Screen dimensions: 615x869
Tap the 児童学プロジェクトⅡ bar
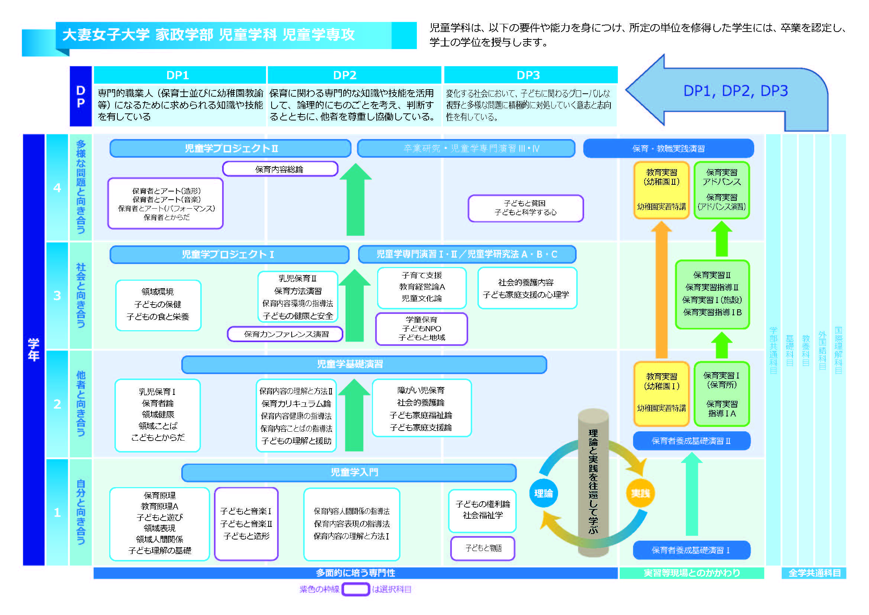(230, 148)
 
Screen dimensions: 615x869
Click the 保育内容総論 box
(280, 169)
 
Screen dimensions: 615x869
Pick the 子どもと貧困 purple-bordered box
(525, 208)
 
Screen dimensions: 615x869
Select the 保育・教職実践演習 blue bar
(668, 148)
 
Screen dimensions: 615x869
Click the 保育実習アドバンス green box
(722, 190)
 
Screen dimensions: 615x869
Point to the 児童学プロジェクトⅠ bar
(229, 254)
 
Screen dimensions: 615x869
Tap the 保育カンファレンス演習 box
(285, 334)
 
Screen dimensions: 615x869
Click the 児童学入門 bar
(348, 472)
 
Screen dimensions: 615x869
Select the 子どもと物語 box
(483, 548)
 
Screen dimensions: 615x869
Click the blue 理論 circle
(543, 493)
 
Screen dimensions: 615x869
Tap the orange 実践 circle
(640, 493)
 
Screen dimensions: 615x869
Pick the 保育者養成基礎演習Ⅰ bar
(691, 550)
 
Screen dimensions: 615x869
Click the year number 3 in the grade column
(57, 295)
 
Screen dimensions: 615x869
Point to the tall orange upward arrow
(661, 292)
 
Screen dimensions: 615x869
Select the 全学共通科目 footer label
(814, 573)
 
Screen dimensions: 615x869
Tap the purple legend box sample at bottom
(356, 589)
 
